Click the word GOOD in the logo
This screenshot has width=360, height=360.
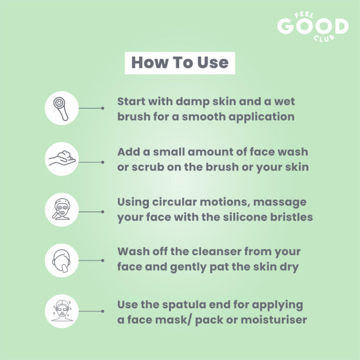(x=313, y=27)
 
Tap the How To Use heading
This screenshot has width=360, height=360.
(x=180, y=63)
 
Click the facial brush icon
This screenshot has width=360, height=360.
(x=61, y=108)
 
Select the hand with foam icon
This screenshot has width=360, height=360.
(x=62, y=158)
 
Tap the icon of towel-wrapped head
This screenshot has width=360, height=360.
(x=62, y=261)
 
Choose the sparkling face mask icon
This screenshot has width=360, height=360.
(x=62, y=311)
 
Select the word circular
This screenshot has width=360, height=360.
(x=174, y=202)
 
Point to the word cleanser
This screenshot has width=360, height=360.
(x=216, y=252)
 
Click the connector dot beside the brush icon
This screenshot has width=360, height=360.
(x=103, y=108)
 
